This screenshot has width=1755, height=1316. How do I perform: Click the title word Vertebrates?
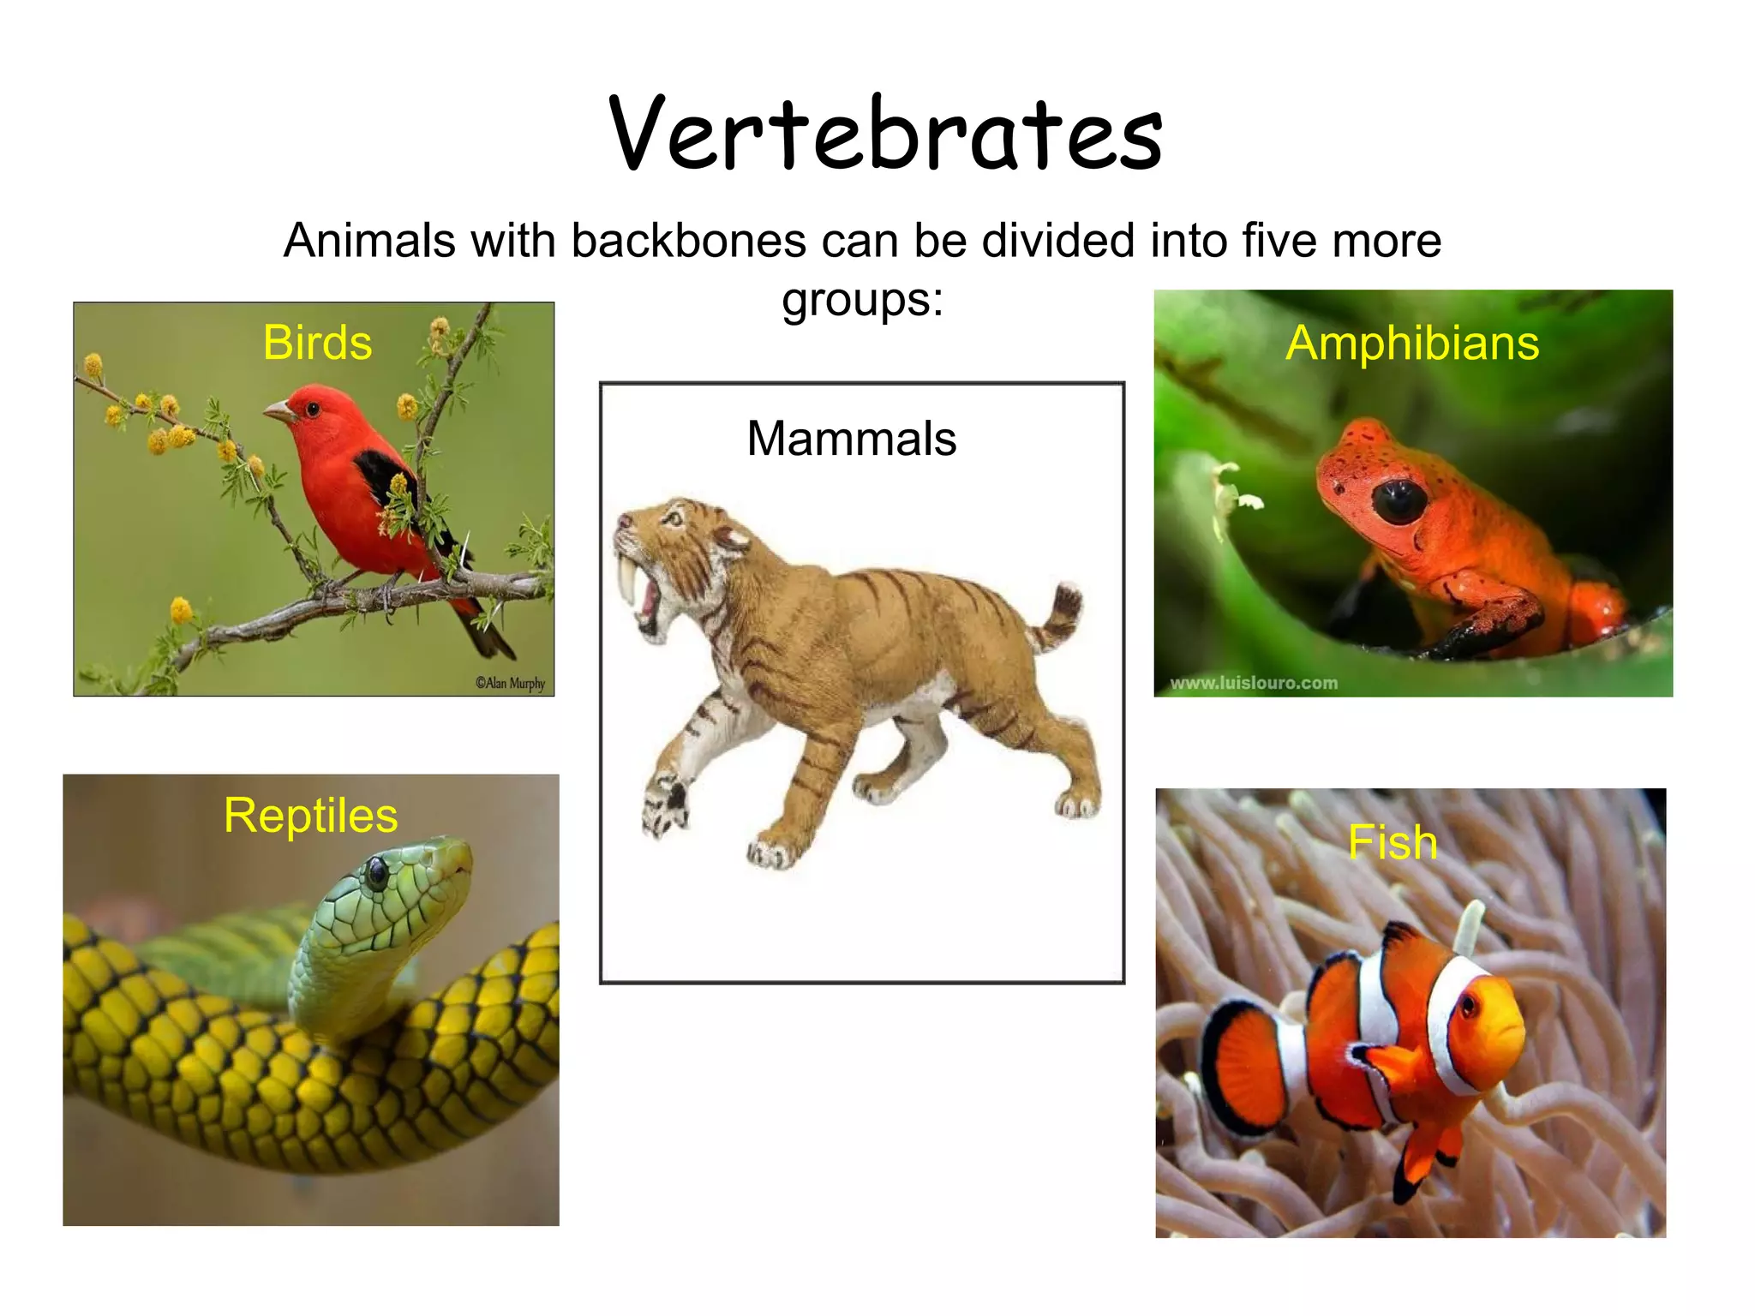click(x=885, y=135)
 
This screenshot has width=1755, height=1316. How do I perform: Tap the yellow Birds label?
click(x=317, y=344)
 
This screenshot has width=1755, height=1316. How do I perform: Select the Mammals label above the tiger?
click(x=851, y=439)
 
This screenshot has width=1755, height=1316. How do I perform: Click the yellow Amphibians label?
click(x=1412, y=344)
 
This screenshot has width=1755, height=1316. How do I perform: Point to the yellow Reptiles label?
click(x=310, y=816)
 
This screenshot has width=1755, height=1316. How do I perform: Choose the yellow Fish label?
click(x=1393, y=842)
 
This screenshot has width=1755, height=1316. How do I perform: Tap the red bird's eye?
click(x=312, y=409)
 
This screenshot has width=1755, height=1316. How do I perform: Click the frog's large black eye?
click(x=1399, y=499)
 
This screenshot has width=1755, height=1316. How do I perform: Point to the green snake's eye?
click(x=376, y=873)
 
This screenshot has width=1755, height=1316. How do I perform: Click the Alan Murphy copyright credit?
click(x=510, y=683)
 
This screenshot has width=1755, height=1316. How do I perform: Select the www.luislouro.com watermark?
click(x=1254, y=683)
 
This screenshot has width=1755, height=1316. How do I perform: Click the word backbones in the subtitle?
click(x=689, y=241)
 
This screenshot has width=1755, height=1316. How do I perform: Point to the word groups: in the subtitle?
click(x=862, y=300)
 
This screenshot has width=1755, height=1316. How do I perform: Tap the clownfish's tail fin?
click(x=1243, y=1064)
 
